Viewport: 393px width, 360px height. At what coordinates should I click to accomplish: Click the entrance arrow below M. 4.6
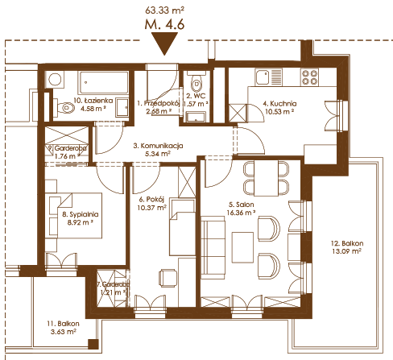[164, 43]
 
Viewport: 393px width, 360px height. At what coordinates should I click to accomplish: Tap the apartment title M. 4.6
[164, 24]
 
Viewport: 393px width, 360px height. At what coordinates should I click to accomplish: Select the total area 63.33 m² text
[164, 10]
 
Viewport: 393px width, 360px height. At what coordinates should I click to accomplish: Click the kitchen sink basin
[263, 77]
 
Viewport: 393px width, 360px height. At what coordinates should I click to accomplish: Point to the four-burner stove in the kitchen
[309, 77]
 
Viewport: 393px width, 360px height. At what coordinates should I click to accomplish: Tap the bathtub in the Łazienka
[103, 82]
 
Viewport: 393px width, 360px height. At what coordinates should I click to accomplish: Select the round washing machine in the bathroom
[55, 80]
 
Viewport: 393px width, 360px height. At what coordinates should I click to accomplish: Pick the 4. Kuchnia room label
[279, 104]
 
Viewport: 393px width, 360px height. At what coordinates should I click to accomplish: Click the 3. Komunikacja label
[158, 146]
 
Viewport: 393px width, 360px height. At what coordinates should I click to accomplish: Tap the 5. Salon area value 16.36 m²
[241, 213]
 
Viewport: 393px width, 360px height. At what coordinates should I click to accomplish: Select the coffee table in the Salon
[242, 247]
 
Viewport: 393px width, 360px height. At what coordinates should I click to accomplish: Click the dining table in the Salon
[267, 178]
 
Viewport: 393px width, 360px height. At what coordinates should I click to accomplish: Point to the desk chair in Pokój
[168, 278]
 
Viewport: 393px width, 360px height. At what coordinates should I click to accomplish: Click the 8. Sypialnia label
[81, 214]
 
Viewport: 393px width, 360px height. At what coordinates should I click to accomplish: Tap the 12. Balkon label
[347, 243]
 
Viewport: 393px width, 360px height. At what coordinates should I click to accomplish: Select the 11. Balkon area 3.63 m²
[64, 332]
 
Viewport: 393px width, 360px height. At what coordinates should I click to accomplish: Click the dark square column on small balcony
[93, 344]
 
